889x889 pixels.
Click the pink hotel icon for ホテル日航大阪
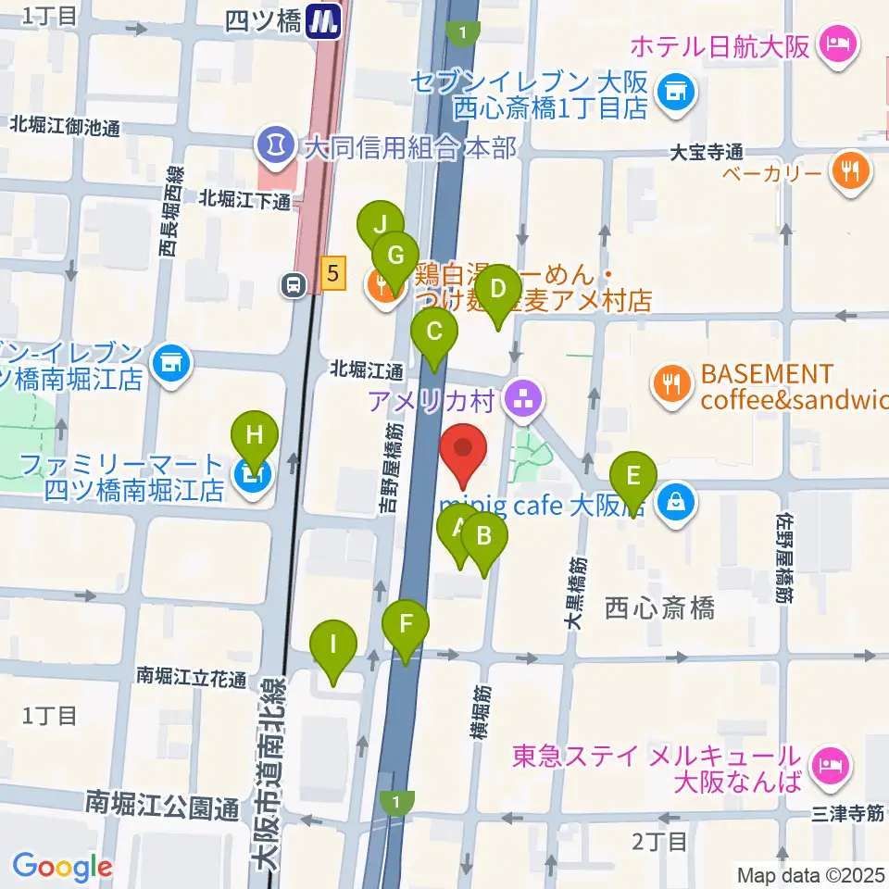tap(840, 44)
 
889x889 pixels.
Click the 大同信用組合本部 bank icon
tap(275, 144)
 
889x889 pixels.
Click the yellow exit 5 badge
tap(333, 272)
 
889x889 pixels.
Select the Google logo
tap(63, 868)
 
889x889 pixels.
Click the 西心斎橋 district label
tap(659, 608)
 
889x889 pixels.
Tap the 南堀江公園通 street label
tap(162, 801)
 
